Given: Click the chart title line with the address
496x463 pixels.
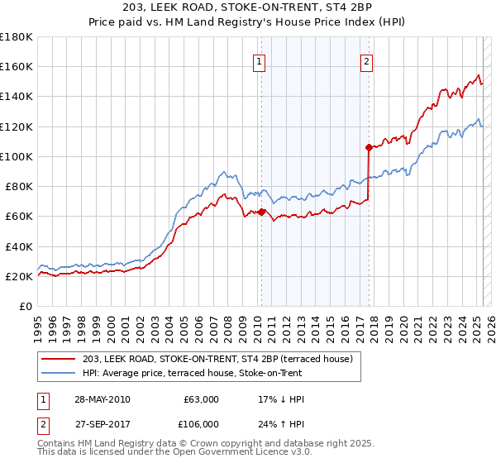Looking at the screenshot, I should pyautogui.click(x=248, y=8).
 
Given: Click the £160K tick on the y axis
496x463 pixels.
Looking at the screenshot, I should pyautogui.click(x=17, y=66).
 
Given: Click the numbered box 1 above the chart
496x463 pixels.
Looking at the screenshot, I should pyautogui.click(x=260, y=61).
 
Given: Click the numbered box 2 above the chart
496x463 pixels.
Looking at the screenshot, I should pyautogui.click(x=365, y=61).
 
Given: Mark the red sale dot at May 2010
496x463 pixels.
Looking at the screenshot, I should pyautogui.click(x=262, y=212).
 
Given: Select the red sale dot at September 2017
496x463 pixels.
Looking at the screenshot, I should pyautogui.click(x=369, y=147).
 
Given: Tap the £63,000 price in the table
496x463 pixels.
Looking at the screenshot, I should pyautogui.click(x=201, y=399).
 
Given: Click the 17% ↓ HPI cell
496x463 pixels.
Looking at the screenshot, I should pyautogui.click(x=282, y=399).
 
